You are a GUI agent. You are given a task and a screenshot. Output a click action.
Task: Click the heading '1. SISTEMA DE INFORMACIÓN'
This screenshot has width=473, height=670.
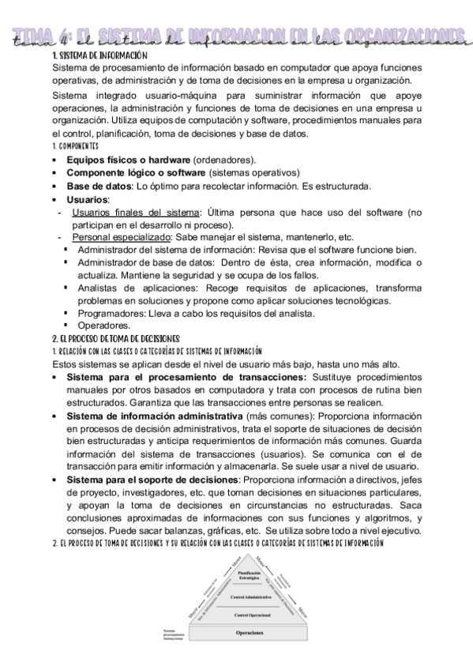click(x=100, y=57)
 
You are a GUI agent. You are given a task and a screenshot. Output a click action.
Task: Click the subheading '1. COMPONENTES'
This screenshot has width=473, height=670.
click(x=75, y=147)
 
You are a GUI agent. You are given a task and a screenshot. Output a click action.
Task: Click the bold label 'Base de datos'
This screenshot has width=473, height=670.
click(x=98, y=186)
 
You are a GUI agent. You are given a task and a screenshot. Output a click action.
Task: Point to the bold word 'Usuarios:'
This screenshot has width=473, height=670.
click(x=88, y=200)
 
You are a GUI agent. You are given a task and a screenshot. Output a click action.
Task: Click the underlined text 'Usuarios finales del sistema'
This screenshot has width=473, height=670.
click(x=135, y=213)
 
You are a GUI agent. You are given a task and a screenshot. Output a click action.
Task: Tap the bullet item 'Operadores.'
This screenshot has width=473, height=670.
click(x=103, y=325)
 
